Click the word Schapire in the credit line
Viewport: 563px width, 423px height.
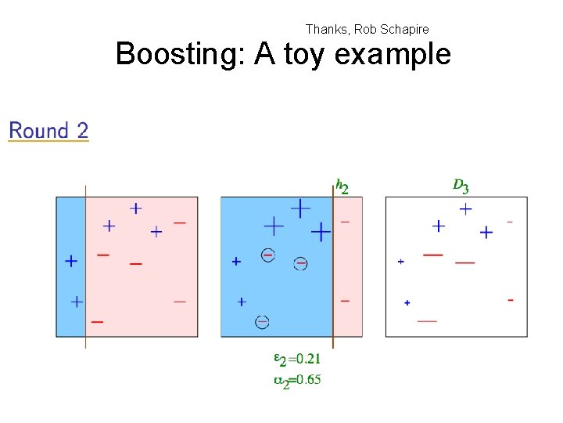(x=403, y=29)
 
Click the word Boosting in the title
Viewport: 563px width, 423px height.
(x=178, y=55)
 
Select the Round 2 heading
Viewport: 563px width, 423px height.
(x=48, y=131)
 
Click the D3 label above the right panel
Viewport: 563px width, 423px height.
(x=461, y=186)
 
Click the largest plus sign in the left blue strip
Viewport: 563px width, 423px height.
(x=71, y=261)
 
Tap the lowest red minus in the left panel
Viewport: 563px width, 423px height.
(x=98, y=321)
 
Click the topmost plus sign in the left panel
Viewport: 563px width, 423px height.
(x=136, y=208)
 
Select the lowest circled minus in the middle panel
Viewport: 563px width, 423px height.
(x=263, y=321)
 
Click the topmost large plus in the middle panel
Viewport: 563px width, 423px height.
(x=300, y=208)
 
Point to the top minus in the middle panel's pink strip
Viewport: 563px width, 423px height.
(x=346, y=222)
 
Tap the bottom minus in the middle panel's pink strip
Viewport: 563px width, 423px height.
(x=346, y=301)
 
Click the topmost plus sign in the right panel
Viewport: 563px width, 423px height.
(x=465, y=209)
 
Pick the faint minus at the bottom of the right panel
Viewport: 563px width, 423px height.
(x=427, y=320)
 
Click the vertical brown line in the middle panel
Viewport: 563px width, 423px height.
(x=333, y=266)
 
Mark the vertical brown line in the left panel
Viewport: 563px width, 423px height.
(x=85, y=266)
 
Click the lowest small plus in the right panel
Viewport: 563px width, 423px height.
(x=407, y=302)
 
